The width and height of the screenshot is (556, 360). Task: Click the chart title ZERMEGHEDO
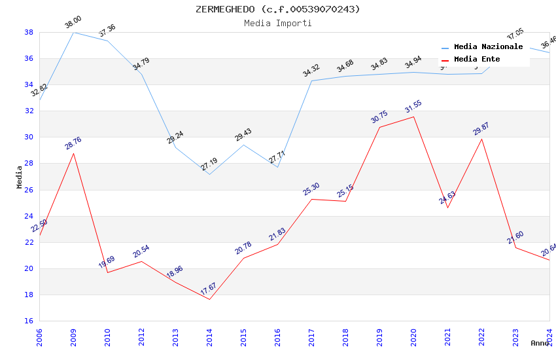(277, 9)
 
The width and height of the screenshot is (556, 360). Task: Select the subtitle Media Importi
(277, 23)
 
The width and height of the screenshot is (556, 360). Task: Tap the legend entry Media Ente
(477, 59)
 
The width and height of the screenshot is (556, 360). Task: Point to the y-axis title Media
(19, 177)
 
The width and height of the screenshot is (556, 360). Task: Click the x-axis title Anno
(539, 343)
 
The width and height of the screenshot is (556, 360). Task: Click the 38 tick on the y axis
(29, 32)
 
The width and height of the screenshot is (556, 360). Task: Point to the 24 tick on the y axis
(29, 216)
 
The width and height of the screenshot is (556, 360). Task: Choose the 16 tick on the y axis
(29, 321)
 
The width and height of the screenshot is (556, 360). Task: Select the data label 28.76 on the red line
(73, 143)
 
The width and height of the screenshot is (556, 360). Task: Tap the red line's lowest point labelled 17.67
(209, 299)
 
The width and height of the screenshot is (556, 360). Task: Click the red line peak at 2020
(413, 117)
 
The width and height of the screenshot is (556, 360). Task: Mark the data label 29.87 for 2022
(481, 129)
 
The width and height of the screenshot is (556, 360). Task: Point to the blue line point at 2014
(209, 174)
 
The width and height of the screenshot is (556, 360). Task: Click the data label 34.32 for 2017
(311, 71)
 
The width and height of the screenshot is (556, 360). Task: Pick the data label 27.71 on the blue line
(277, 158)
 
